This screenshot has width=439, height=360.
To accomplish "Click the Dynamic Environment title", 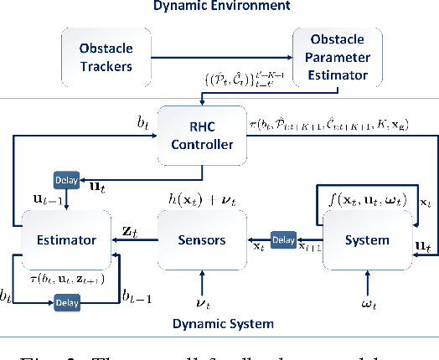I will click(219, 7).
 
